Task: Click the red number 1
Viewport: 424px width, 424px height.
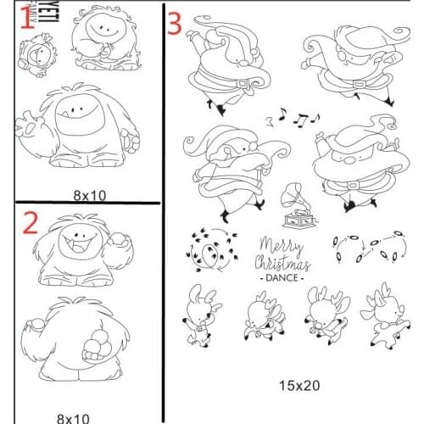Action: point(25,19)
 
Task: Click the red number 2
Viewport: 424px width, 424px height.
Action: point(31,222)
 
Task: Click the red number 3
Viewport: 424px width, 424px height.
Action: point(174,23)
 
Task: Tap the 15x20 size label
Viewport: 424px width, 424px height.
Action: point(299,385)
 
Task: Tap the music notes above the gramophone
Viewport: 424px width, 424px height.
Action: point(295,120)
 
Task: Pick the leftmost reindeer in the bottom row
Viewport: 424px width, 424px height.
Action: point(200,318)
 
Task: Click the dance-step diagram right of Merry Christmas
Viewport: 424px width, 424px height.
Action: point(364,246)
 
